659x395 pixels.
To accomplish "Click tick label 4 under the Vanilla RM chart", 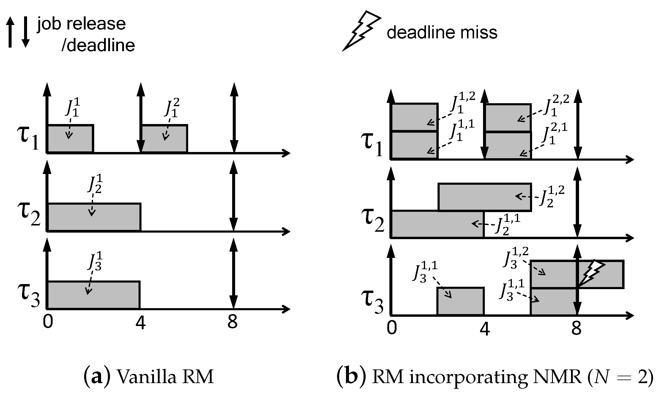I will pos(140,322).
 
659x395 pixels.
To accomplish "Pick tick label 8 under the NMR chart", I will pos(576,329).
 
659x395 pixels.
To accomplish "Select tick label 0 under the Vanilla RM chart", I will pos(48,322).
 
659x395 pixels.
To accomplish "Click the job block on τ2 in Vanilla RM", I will pos(94,217).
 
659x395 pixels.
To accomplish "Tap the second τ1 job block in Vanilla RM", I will pos(164,139).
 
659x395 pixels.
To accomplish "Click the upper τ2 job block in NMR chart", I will pos(485,197).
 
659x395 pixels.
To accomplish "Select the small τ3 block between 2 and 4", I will pos(460,301).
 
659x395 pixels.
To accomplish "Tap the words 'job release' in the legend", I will pos(81,24).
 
